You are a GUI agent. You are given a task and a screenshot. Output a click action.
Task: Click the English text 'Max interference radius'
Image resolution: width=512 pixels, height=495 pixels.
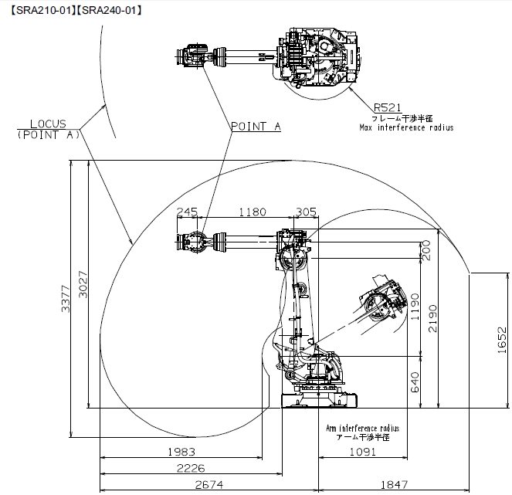pos(405,127)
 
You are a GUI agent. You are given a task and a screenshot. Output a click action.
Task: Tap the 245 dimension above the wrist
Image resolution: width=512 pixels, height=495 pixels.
pos(188,212)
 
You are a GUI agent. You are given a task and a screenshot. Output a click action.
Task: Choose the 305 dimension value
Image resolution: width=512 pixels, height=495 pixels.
pos(307,212)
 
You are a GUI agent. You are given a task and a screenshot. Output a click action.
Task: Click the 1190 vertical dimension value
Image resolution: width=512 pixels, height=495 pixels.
pos(414,306)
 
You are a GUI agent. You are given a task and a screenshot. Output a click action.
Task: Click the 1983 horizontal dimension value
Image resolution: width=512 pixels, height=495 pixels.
pos(181,452)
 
